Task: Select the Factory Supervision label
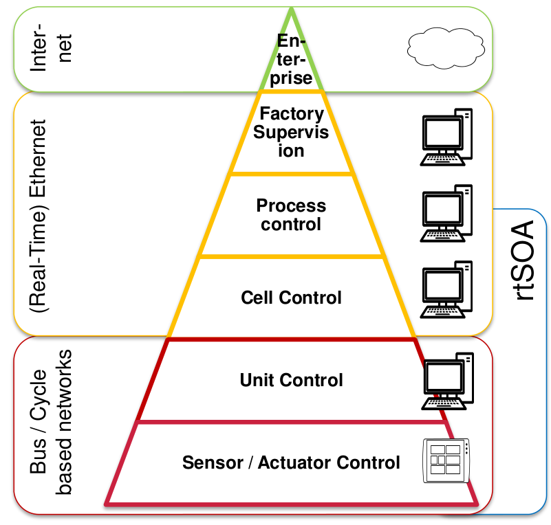(291, 131)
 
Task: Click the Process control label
(291, 214)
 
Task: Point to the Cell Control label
(291, 298)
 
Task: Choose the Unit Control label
(291, 380)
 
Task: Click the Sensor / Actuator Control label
(291, 462)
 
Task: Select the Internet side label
(52, 49)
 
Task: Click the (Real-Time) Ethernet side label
(39, 216)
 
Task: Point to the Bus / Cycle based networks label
(52, 425)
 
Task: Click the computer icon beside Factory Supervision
(446, 137)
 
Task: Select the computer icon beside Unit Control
(449, 380)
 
